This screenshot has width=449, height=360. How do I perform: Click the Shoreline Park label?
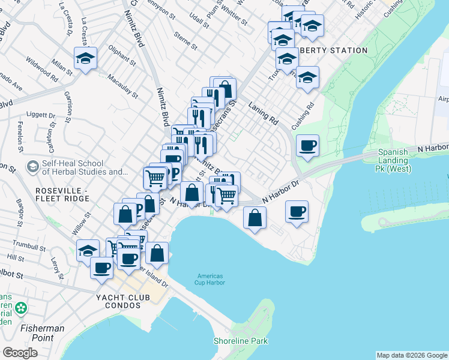click(x=240, y=341)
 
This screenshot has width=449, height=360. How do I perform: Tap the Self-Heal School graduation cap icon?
click(x=32, y=165)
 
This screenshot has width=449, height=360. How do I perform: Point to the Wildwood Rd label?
click(x=41, y=70)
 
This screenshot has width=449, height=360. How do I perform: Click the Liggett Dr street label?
click(x=41, y=114)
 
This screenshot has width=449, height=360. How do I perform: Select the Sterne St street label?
click(x=185, y=41)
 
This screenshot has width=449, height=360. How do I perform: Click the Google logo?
click(x=20, y=353)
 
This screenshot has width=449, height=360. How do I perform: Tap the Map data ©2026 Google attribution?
click(x=412, y=355)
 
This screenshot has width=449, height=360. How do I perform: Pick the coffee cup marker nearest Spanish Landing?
click(x=307, y=146)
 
